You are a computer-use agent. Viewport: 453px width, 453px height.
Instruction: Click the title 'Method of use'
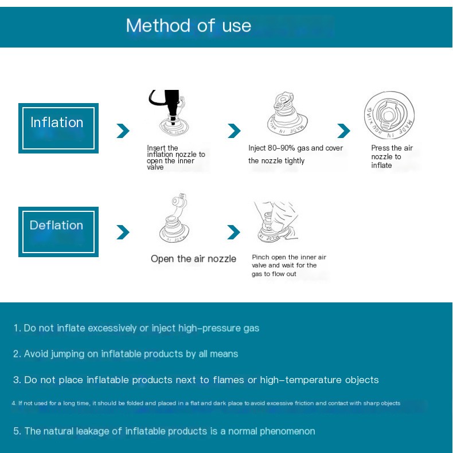pos(188,26)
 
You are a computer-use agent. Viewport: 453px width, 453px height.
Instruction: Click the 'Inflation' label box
pos(58,128)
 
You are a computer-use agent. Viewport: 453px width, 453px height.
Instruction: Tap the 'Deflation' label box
pos(58,231)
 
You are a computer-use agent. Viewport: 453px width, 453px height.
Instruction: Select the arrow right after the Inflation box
pos(123,131)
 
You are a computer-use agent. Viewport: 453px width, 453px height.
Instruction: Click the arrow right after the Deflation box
pos(123,233)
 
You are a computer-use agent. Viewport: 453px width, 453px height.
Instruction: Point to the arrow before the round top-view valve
pos(343,131)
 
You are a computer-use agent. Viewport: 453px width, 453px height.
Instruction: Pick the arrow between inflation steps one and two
pos(234,131)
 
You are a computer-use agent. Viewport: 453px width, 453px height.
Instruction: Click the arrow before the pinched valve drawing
pos(233,233)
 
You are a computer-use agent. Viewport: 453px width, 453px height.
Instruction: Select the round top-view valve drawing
pos(389,114)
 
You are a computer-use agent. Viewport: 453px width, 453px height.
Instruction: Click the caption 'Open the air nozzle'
pos(193,259)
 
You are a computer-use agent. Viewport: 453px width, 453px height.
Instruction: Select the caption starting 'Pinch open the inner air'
pos(288,266)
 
